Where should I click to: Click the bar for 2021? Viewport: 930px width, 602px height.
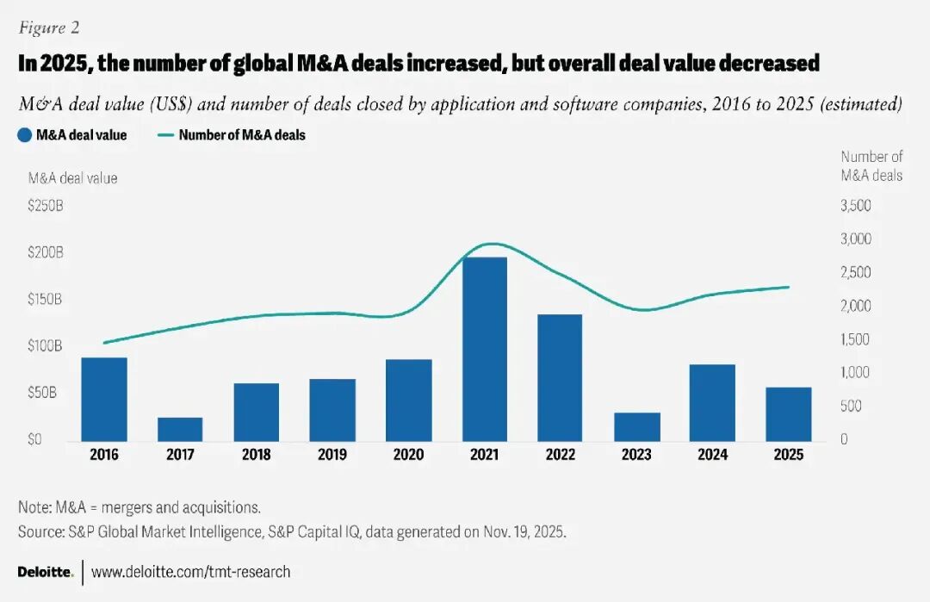[x=485, y=349]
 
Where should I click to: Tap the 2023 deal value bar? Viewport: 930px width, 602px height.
[x=637, y=426]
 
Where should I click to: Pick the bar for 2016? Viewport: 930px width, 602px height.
[x=104, y=399]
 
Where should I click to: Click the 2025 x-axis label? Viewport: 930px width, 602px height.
[x=789, y=455]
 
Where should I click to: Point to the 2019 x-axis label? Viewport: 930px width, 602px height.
[x=332, y=455]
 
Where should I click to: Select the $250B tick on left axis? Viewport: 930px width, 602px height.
[x=46, y=207]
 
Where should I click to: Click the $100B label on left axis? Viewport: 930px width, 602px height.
[x=46, y=346]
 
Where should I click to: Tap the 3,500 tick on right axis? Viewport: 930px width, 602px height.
[x=856, y=206]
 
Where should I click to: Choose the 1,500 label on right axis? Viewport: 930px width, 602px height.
[x=856, y=339]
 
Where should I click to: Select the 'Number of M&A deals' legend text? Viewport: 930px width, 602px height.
[x=242, y=135]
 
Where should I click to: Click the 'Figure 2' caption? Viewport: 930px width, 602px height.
[x=49, y=28]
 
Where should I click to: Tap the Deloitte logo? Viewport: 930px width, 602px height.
[x=45, y=572]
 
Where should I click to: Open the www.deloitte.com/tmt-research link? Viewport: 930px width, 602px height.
[x=190, y=572]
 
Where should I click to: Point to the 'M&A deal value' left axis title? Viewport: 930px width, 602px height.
[x=72, y=178]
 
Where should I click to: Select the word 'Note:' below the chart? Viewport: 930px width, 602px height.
[x=36, y=506]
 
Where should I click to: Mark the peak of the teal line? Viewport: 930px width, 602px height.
[x=490, y=244]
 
